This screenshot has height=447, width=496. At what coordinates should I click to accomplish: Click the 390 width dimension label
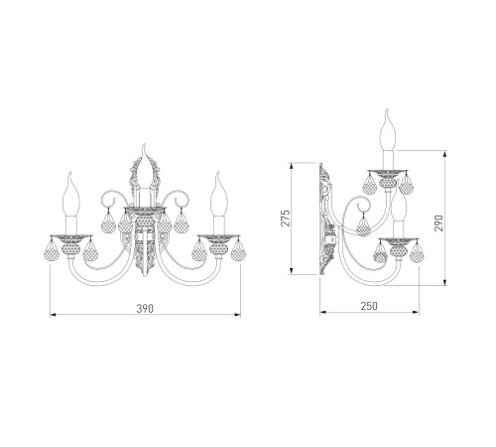tap(145, 308)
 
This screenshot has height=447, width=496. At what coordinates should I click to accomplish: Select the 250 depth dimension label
tap(369, 306)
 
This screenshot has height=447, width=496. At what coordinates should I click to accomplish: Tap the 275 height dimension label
tap(286, 218)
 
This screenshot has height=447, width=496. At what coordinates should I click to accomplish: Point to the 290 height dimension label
tap(438, 223)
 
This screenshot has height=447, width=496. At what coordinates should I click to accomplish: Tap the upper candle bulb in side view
tap(389, 130)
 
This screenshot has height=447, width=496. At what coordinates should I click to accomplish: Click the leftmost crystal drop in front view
tap(52, 249)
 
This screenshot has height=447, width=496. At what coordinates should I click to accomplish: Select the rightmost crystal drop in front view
tap(238, 249)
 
